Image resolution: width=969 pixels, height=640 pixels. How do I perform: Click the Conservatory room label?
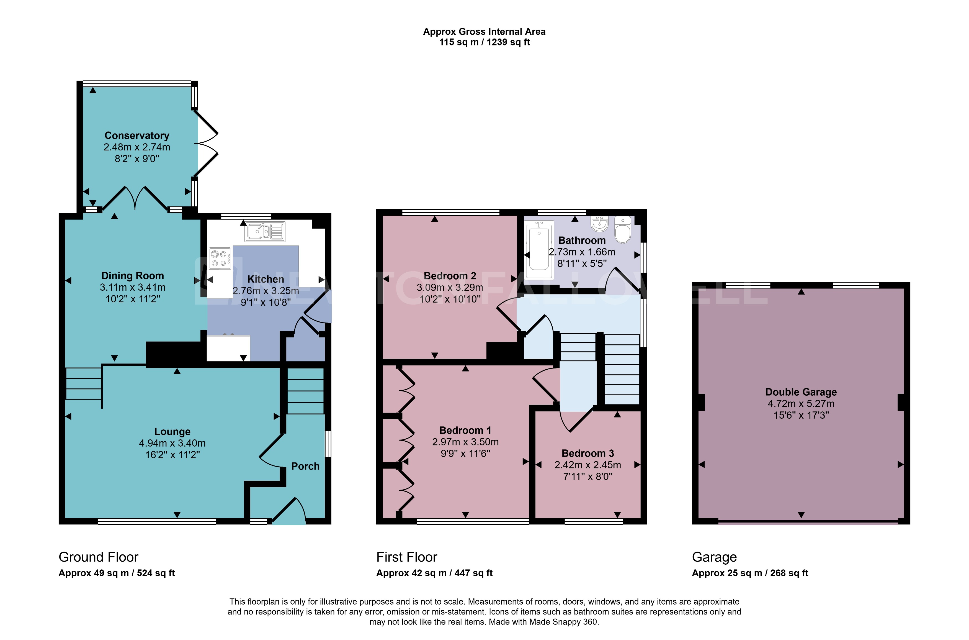(136, 135)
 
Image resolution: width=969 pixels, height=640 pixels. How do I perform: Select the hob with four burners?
(220, 259)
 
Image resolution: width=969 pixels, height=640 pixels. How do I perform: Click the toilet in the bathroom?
(622, 231)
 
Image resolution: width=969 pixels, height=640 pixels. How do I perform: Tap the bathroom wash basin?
(599, 224)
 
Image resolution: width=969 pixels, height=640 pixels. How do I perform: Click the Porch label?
(305, 466)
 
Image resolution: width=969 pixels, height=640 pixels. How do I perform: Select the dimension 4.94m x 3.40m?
(172, 443)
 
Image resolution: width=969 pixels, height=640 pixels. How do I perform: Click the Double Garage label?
(801, 392)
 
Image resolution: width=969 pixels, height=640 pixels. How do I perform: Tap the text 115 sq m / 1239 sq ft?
(484, 42)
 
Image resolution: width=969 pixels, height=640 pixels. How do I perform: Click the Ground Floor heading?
(98, 557)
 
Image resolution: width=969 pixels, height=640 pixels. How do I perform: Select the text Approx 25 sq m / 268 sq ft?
(749, 573)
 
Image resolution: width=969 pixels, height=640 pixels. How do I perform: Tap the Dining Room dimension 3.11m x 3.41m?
(133, 287)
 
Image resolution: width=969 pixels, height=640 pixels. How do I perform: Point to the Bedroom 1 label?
(465, 430)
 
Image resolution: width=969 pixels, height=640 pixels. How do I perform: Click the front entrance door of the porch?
(289, 511)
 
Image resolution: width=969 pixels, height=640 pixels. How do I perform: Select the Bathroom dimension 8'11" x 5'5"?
(582, 264)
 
